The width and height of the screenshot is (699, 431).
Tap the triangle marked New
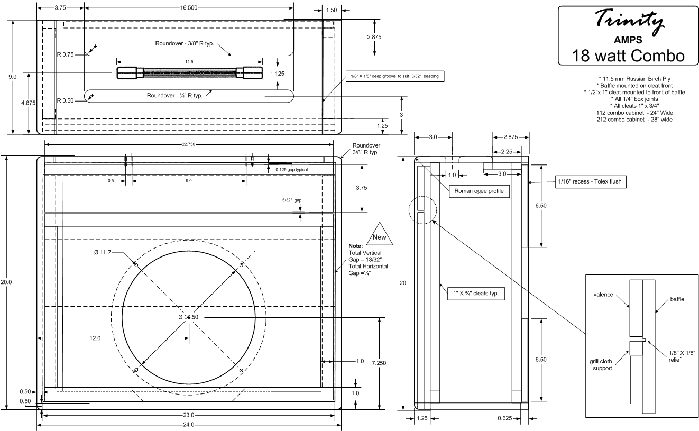(384, 234)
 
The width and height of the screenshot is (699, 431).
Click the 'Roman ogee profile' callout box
(480, 191)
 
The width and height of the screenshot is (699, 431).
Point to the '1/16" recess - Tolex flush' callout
(590, 182)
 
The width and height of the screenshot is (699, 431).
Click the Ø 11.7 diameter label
(103, 253)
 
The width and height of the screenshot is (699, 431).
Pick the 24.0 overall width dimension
(189, 425)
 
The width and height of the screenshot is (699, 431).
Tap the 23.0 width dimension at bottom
(189, 415)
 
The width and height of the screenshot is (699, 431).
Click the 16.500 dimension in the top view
(189, 8)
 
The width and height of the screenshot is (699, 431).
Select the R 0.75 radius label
(66, 54)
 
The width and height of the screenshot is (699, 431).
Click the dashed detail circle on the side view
(422, 210)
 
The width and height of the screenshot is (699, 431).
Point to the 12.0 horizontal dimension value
(95, 338)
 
